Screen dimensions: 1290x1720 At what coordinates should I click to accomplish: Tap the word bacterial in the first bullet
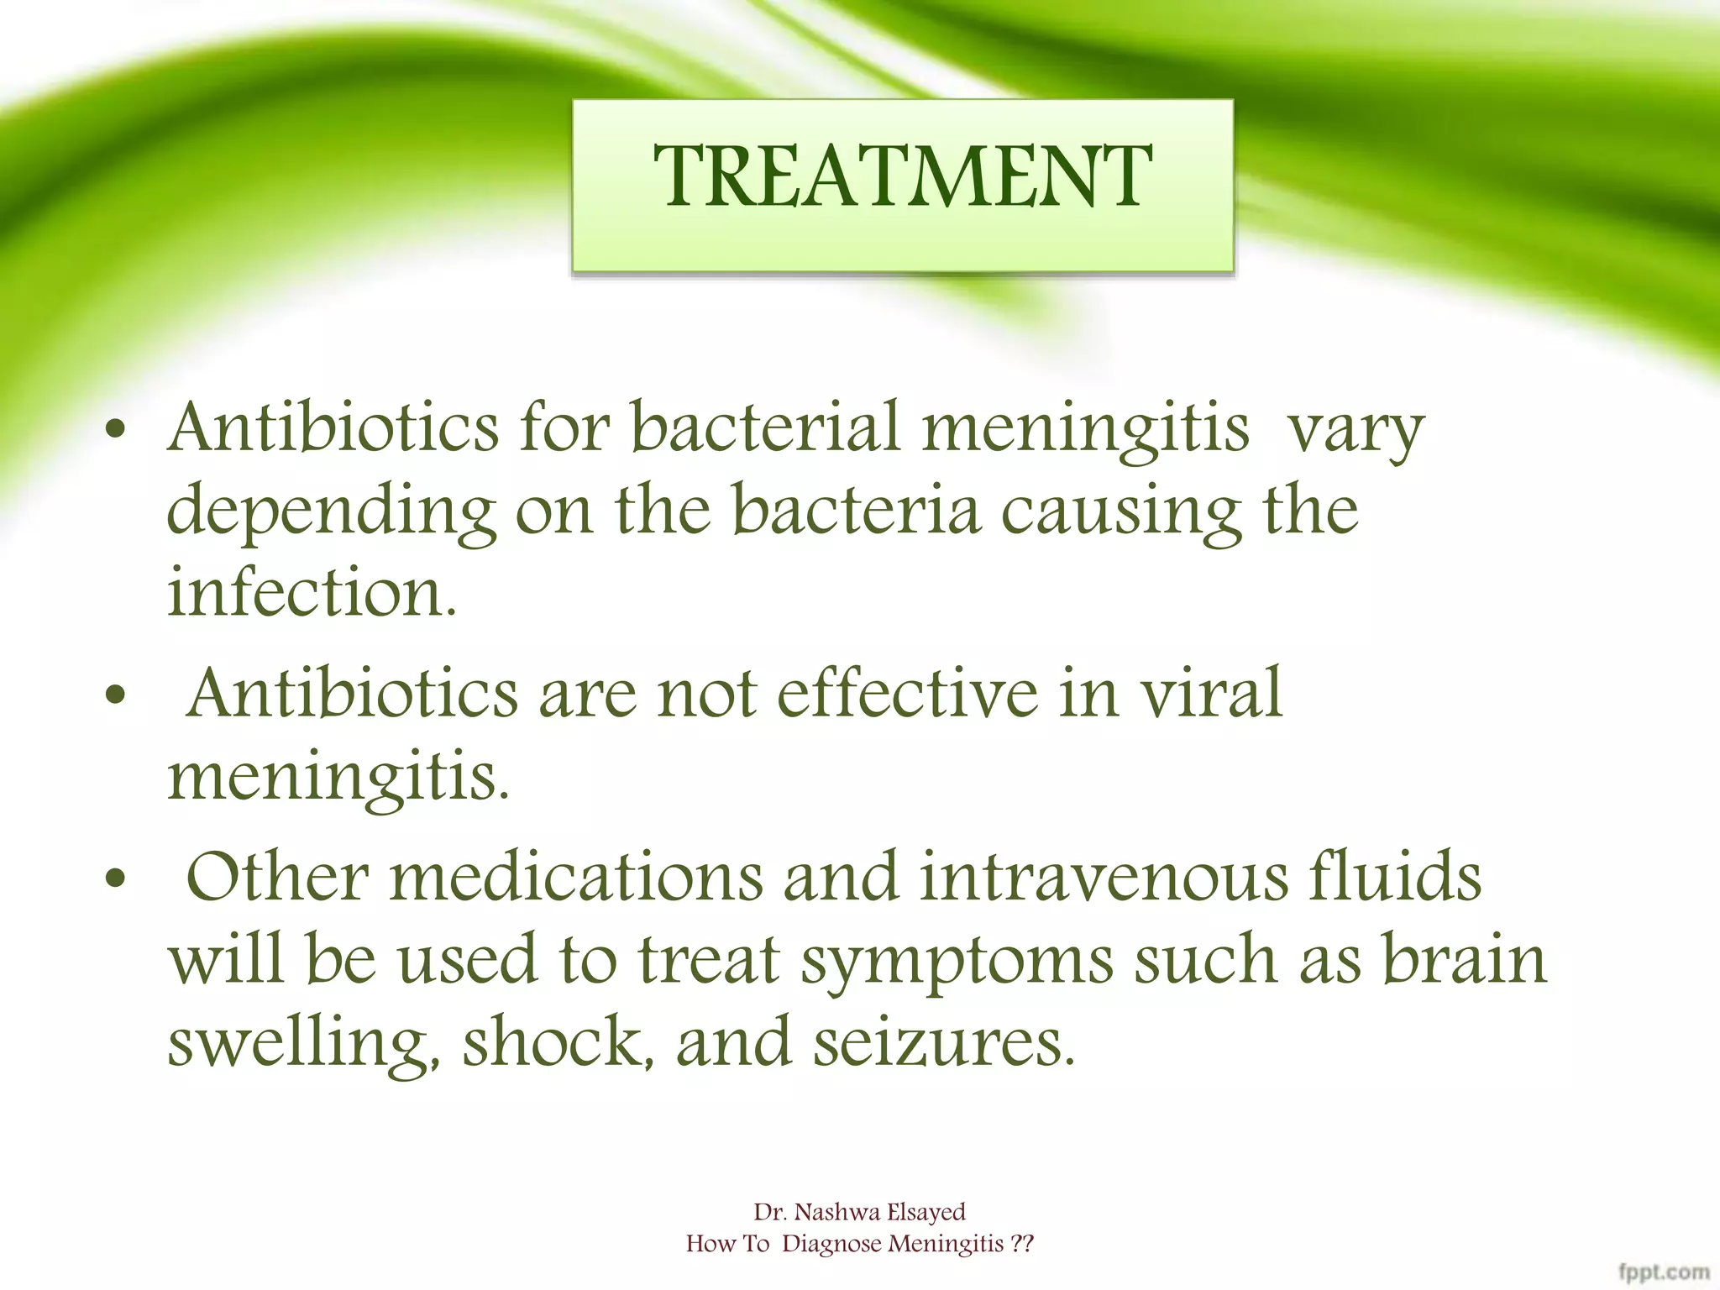point(765,428)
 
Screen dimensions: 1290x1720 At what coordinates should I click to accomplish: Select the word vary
point(1356,430)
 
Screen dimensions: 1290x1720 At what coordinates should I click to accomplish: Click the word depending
point(331,512)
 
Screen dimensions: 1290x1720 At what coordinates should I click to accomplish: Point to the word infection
point(312,592)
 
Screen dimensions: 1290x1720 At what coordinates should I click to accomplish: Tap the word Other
point(277,877)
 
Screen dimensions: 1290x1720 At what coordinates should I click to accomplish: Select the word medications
point(577,877)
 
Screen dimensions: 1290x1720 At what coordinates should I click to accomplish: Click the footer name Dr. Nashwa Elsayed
point(859,1212)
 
